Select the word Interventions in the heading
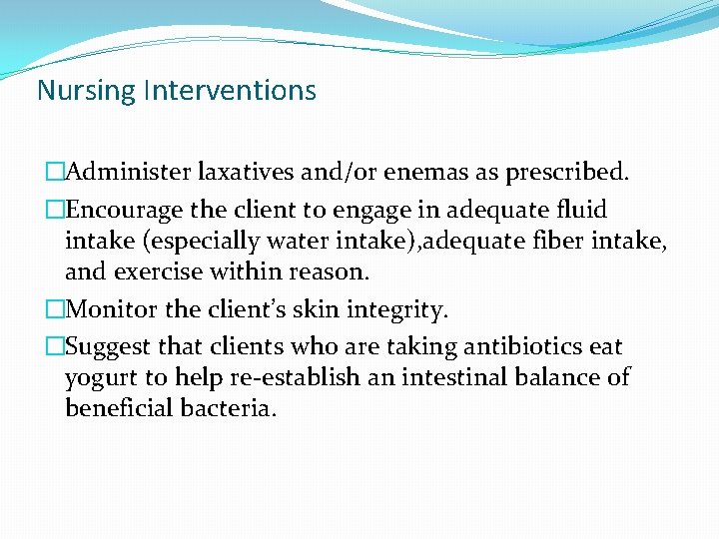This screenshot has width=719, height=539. (230, 91)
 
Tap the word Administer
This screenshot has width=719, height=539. (129, 172)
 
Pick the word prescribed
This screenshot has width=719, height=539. (567, 172)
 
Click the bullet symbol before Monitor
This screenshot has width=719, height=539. (54, 309)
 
